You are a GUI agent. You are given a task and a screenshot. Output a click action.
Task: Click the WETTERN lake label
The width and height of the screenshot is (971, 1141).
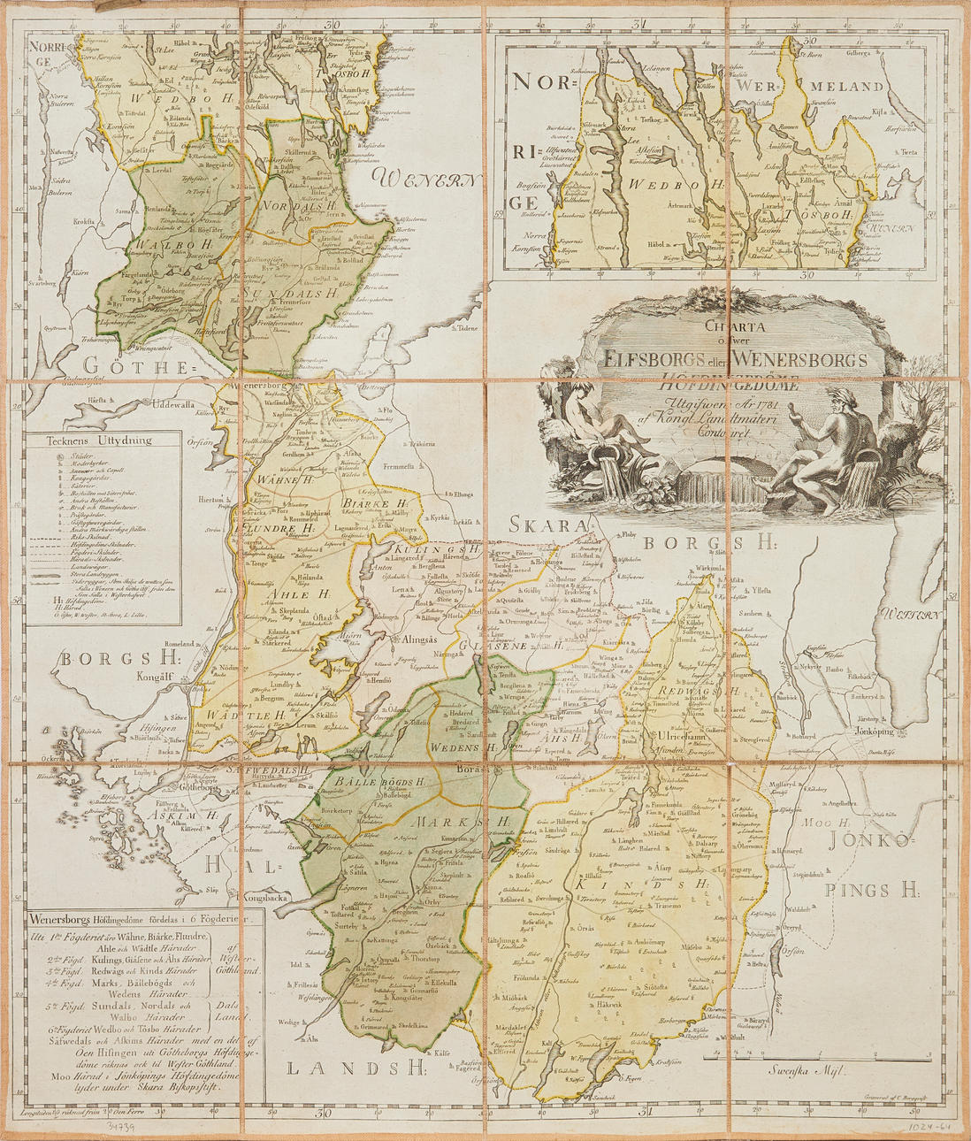click(x=910, y=614)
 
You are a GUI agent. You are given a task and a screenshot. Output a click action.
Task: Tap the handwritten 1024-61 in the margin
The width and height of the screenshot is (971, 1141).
click(x=929, y=1127)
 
